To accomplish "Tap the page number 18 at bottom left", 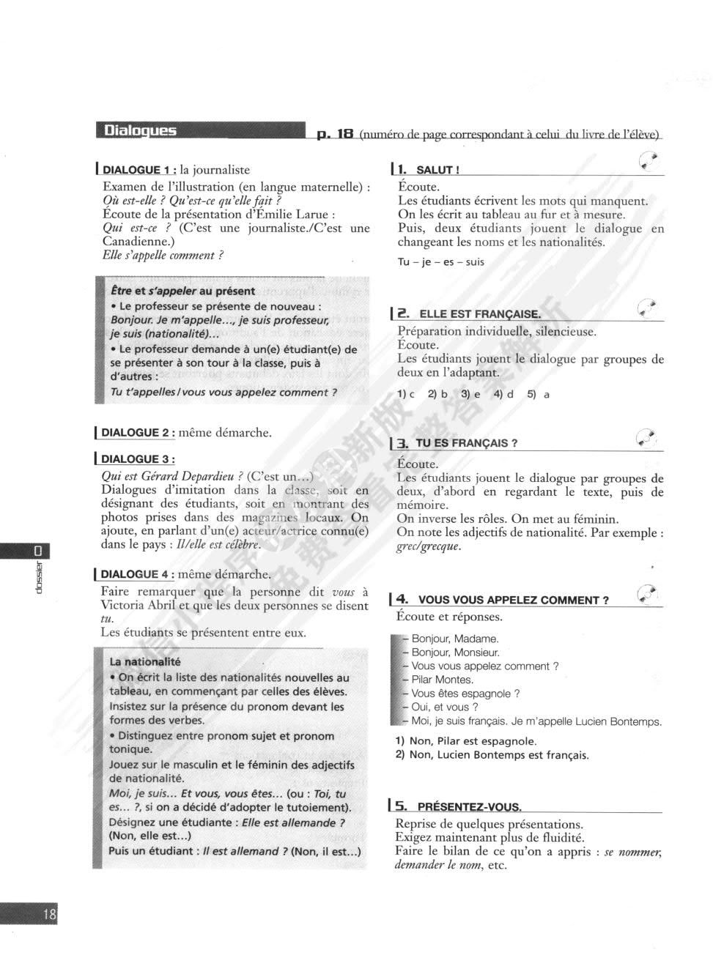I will (49, 914).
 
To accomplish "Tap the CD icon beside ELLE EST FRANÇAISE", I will (647, 308).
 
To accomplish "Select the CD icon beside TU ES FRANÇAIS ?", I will (646, 437).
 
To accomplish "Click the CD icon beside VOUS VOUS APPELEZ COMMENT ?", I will (647, 593).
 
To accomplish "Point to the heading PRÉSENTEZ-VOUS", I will (469, 807).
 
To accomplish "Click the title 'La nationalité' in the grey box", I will (144, 662).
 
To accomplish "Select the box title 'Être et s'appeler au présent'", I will (182, 291).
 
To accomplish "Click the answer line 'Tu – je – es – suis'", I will (440, 262).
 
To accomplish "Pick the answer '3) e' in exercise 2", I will (470, 394).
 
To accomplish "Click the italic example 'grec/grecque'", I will (429, 546).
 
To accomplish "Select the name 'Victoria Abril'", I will (136, 606).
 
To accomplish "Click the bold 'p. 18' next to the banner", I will (336, 134).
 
